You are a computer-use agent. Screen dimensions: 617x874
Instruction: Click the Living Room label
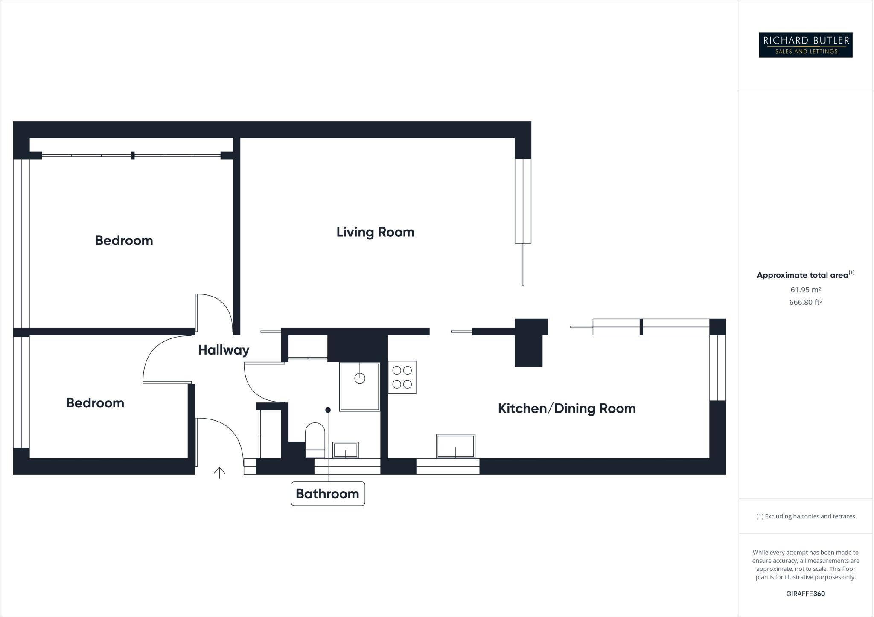pyautogui.click(x=375, y=232)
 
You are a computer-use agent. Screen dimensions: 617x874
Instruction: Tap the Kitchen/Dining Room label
pyautogui.click(x=566, y=408)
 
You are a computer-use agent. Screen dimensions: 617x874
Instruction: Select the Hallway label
pyautogui.click(x=224, y=350)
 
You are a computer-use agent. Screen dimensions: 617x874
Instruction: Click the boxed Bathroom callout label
pyautogui.click(x=327, y=494)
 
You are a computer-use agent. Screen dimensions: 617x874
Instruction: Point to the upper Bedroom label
pyautogui.click(x=124, y=240)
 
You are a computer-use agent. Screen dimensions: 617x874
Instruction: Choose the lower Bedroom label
pyautogui.click(x=95, y=403)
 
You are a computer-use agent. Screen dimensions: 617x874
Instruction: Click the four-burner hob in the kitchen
pyautogui.click(x=402, y=377)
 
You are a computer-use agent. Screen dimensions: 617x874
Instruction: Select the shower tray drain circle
pyautogui.click(x=360, y=378)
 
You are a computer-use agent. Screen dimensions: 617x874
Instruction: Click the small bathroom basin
pyautogui.click(x=345, y=450)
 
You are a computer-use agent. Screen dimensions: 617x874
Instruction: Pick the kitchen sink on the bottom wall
pyautogui.click(x=455, y=446)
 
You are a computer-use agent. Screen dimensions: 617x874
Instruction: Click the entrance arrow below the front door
pyautogui.click(x=219, y=472)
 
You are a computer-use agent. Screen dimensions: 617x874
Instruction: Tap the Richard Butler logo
pyautogui.click(x=805, y=45)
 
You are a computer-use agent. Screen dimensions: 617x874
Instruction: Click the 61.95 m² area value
pyautogui.click(x=805, y=290)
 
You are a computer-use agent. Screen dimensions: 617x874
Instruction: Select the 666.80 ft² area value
pyautogui.click(x=805, y=302)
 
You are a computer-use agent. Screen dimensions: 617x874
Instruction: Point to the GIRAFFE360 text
pyautogui.click(x=805, y=594)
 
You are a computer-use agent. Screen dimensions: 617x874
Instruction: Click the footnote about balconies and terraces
pyautogui.click(x=805, y=516)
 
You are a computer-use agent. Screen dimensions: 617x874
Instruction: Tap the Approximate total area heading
pyautogui.click(x=802, y=275)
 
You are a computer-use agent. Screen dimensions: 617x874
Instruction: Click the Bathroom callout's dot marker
pyautogui.click(x=328, y=410)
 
